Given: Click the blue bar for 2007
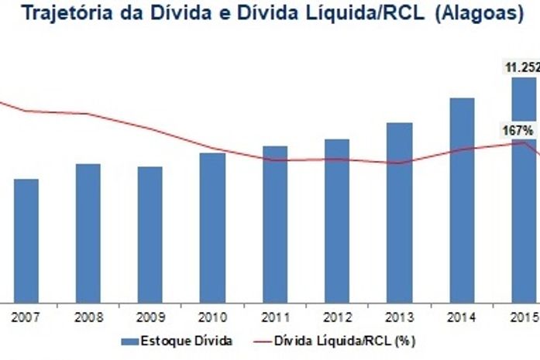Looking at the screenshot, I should click(x=26, y=239).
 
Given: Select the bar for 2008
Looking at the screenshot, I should click(x=88, y=231).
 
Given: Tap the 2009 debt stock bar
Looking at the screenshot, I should click(x=150, y=233).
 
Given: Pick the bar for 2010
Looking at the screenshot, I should click(x=212, y=226).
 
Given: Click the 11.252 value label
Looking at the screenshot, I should click(x=523, y=68).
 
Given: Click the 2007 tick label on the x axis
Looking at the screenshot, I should click(x=26, y=316).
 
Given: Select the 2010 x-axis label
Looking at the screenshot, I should click(x=212, y=316).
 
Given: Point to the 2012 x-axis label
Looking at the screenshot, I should click(x=336, y=316).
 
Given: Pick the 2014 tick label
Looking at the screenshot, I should click(x=462, y=316).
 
